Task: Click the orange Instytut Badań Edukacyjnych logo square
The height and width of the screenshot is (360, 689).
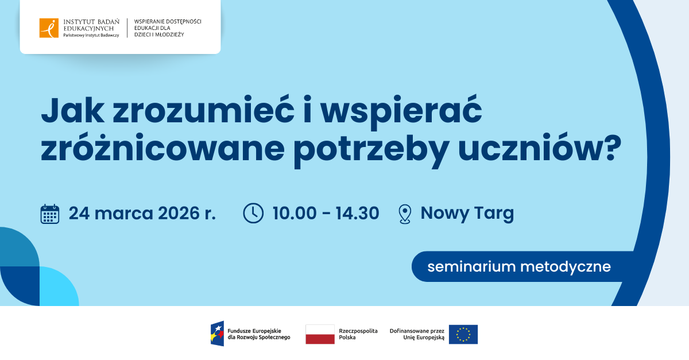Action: point(49,28)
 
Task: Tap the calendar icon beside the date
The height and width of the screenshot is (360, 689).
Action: point(50,214)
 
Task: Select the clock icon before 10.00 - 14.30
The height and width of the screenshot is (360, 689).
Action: point(253,213)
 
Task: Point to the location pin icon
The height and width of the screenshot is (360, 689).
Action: point(405,214)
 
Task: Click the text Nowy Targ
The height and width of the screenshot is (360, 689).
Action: point(467,213)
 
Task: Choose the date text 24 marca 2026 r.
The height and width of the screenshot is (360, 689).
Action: point(142,213)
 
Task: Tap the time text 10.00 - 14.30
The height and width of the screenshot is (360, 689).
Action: point(326,213)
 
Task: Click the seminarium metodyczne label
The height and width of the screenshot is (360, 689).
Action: point(518,266)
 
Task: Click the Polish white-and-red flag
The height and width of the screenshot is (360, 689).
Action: point(320,334)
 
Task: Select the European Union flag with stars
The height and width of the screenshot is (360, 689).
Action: point(463,334)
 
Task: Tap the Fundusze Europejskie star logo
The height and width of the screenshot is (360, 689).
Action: point(217,334)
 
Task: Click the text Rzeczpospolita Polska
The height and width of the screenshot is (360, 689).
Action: point(358,334)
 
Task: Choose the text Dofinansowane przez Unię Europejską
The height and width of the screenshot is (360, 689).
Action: point(417,334)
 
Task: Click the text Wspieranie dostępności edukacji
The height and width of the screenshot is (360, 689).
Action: point(167,28)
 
